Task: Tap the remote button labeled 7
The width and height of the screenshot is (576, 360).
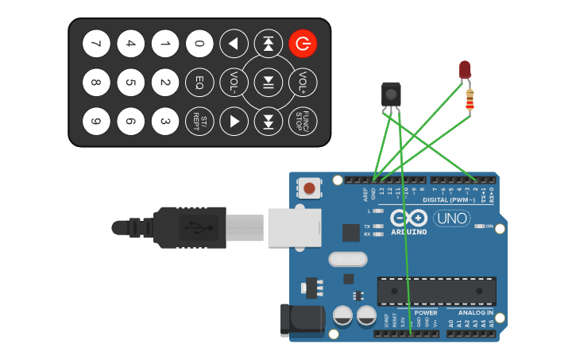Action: [x=96, y=44]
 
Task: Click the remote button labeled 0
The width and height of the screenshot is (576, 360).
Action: [x=199, y=44]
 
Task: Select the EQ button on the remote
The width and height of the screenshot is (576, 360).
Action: [x=199, y=82]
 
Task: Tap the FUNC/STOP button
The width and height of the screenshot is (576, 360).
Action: [x=303, y=121]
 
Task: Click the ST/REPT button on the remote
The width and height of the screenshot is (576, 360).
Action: [x=199, y=121]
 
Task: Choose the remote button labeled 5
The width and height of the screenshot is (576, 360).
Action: [x=130, y=82]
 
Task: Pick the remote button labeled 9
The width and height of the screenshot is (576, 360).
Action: [x=96, y=121]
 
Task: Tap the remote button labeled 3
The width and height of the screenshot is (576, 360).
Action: [x=165, y=121]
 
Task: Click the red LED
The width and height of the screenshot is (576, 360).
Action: [x=465, y=70]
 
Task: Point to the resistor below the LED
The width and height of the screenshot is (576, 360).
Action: [x=470, y=100]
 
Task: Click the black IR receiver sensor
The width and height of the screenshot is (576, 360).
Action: [x=391, y=93]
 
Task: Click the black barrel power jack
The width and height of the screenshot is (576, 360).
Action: [x=303, y=319]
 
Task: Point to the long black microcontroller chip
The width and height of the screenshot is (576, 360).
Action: [x=436, y=291]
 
